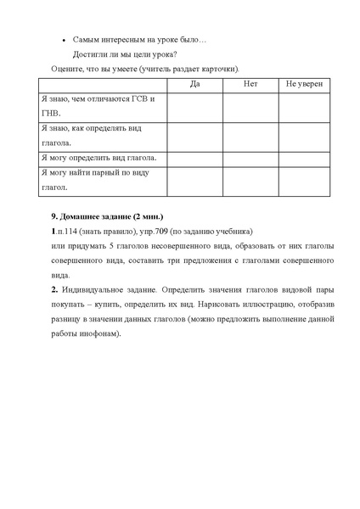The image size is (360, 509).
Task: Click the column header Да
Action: pos(194,85)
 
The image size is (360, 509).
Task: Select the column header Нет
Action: pos(250,85)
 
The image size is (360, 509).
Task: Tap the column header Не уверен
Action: pos(304,85)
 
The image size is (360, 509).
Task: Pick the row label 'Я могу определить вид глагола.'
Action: pos(98,159)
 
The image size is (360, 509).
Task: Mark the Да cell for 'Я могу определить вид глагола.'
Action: pos(194,159)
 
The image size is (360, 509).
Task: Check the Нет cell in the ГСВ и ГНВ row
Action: pos(250,107)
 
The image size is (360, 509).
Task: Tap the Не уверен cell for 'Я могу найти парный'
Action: pos(304,180)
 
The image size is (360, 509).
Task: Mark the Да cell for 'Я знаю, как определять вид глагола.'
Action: pos(194,135)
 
